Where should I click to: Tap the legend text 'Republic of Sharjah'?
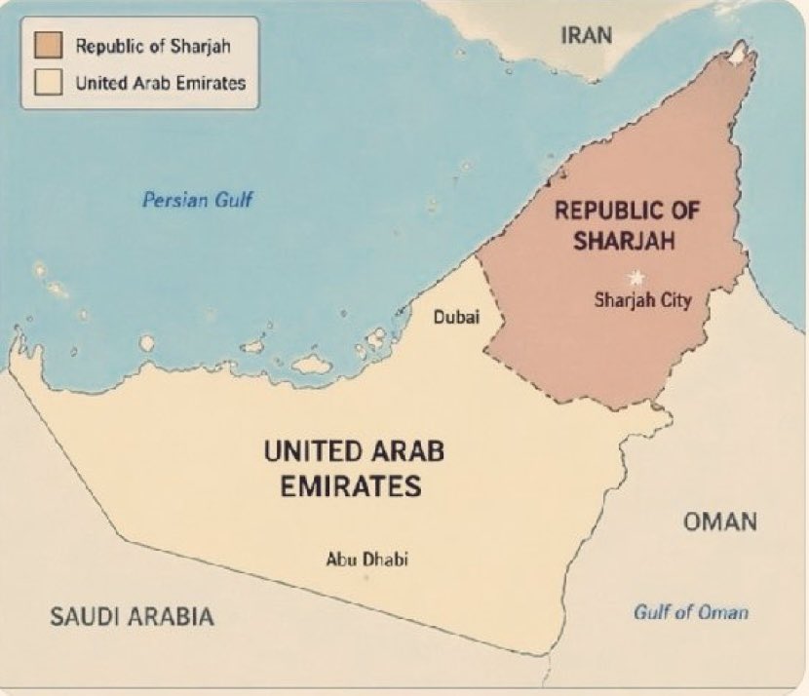[153, 46]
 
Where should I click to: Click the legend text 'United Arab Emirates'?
[161, 83]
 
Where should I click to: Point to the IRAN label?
[587, 36]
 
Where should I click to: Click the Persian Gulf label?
[198, 200]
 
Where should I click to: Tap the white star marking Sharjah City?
[638, 277]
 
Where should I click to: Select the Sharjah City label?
[642, 300]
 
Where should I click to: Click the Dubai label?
[456, 317]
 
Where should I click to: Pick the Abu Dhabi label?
[366, 560]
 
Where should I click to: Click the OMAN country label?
[719, 522]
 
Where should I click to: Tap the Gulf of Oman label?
[691, 612]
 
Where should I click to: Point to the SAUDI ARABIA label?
[132, 616]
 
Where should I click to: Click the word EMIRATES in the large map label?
[351, 484]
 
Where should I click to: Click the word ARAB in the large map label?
[404, 450]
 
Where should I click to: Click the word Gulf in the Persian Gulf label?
[235, 200]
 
